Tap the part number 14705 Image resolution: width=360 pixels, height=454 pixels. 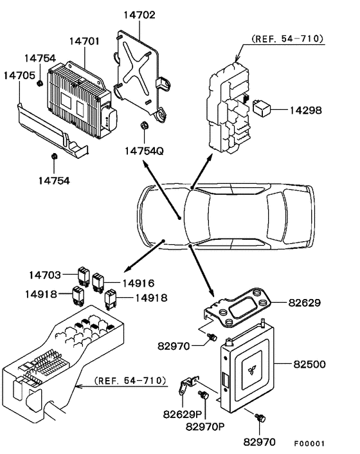pyautogui.click(x=19, y=75)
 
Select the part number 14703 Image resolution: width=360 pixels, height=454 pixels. pyautogui.click(x=45, y=275)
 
